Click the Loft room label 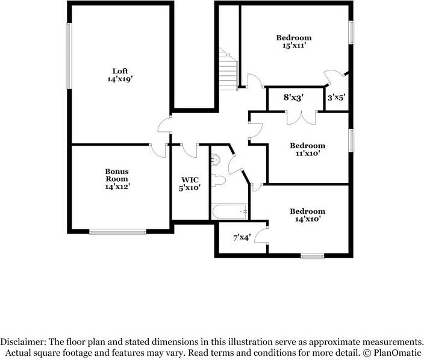pos(120,70)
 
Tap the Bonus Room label pos(117,175)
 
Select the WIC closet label pos(190,179)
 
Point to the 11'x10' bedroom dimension pos(307,153)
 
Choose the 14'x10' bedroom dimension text pos(307,219)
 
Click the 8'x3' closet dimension pos(293,96)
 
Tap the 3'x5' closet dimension pos(335,96)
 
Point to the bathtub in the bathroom pos(229,212)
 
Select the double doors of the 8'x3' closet pos(301,117)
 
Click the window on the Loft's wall pos(69,56)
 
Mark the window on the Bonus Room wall pos(118,231)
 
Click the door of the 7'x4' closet pos(261,235)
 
